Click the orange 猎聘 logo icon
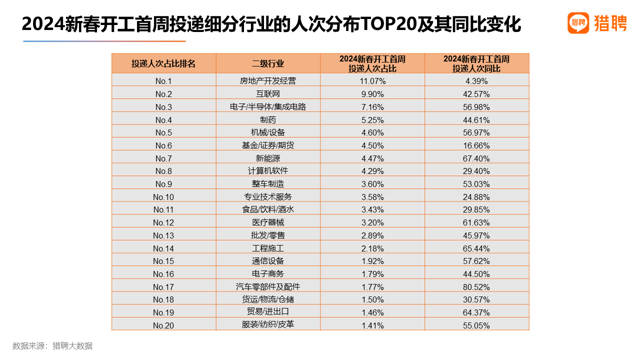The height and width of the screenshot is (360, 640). pyautogui.click(x=578, y=23)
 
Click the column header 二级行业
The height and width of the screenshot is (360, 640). pyautogui.click(x=268, y=63)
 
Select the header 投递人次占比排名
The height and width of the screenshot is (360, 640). pyautogui.click(x=163, y=63)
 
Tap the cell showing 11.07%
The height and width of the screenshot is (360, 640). pyautogui.click(x=372, y=81)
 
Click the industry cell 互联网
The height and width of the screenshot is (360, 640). pyautogui.click(x=268, y=94)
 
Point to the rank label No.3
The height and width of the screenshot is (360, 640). pyautogui.click(x=163, y=107)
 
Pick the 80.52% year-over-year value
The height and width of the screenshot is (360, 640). pyautogui.click(x=476, y=287)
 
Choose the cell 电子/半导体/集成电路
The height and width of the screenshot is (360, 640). pyautogui.click(x=268, y=107)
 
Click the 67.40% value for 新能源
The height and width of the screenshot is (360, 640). pyautogui.click(x=476, y=158)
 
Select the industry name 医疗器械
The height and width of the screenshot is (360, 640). pyautogui.click(x=268, y=222)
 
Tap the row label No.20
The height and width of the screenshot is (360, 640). pyautogui.click(x=163, y=325)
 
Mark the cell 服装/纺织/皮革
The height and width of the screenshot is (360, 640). pyautogui.click(x=268, y=324)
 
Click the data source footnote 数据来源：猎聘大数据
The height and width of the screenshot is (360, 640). pyautogui.click(x=52, y=346)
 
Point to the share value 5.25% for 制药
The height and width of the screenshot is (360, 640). pyautogui.click(x=372, y=120)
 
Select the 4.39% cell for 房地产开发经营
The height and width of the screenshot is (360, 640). pyautogui.click(x=476, y=81)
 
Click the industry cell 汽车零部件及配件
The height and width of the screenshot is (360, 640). pyautogui.click(x=268, y=287)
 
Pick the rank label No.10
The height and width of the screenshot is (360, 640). pyautogui.click(x=163, y=197)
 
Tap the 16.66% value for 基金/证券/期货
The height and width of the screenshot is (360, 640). pyautogui.click(x=476, y=145)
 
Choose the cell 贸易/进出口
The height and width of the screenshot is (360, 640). pyautogui.click(x=268, y=312)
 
